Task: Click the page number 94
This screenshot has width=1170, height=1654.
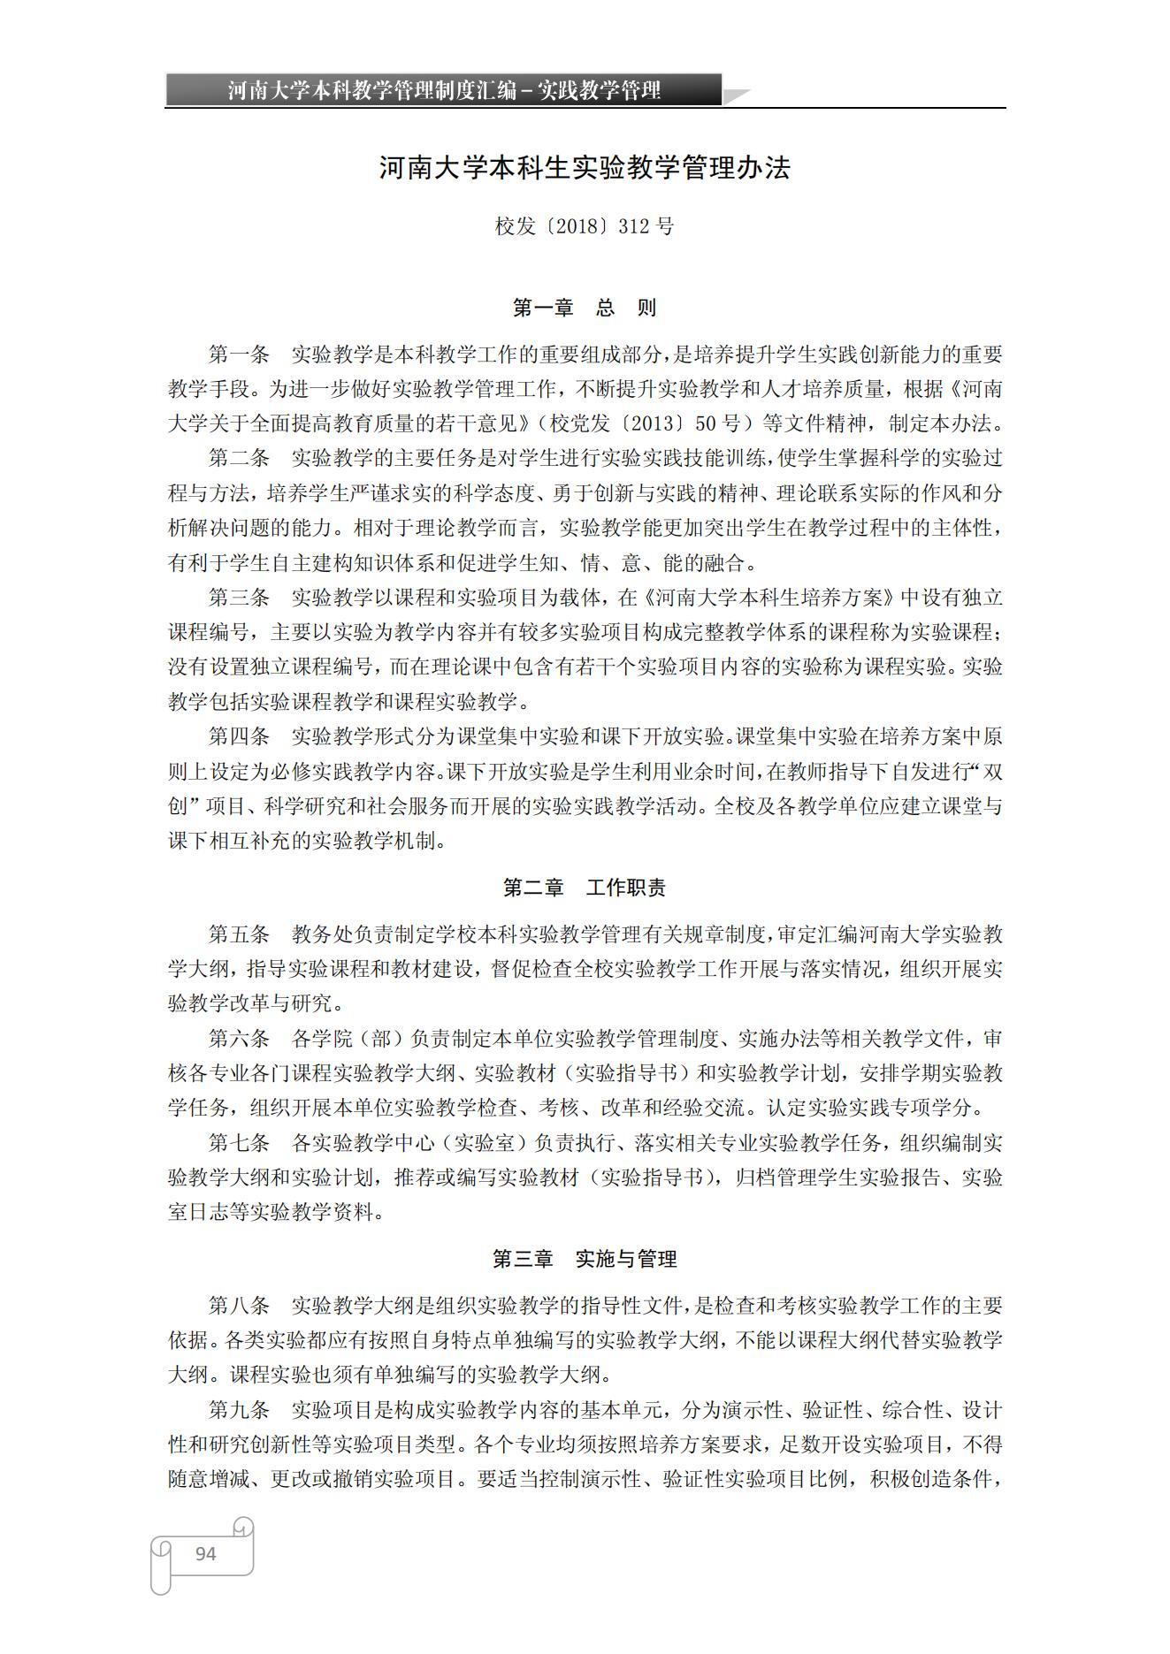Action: click(x=205, y=1553)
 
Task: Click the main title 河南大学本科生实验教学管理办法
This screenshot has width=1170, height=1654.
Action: click(x=585, y=168)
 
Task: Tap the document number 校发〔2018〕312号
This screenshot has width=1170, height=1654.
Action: click(x=585, y=226)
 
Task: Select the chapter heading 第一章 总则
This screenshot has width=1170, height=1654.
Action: click(x=585, y=308)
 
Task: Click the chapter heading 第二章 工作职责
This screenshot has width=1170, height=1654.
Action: click(x=585, y=888)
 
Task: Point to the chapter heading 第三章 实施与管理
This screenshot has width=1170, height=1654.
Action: click(x=585, y=1259)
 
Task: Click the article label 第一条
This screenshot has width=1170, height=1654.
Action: click(x=239, y=355)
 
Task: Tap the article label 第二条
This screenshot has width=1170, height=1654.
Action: click(x=239, y=459)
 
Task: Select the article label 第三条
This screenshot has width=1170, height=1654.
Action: click(x=239, y=598)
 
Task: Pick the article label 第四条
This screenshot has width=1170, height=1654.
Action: click(x=239, y=736)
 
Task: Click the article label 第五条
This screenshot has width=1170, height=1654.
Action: click(x=239, y=934)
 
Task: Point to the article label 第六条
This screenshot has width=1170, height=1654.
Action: click(x=239, y=1039)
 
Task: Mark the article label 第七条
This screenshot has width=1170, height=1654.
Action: click(x=239, y=1143)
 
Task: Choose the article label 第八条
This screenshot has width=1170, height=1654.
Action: click(x=239, y=1306)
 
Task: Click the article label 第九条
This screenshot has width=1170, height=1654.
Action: click(x=239, y=1410)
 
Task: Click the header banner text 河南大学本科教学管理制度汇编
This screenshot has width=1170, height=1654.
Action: click(x=372, y=90)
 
